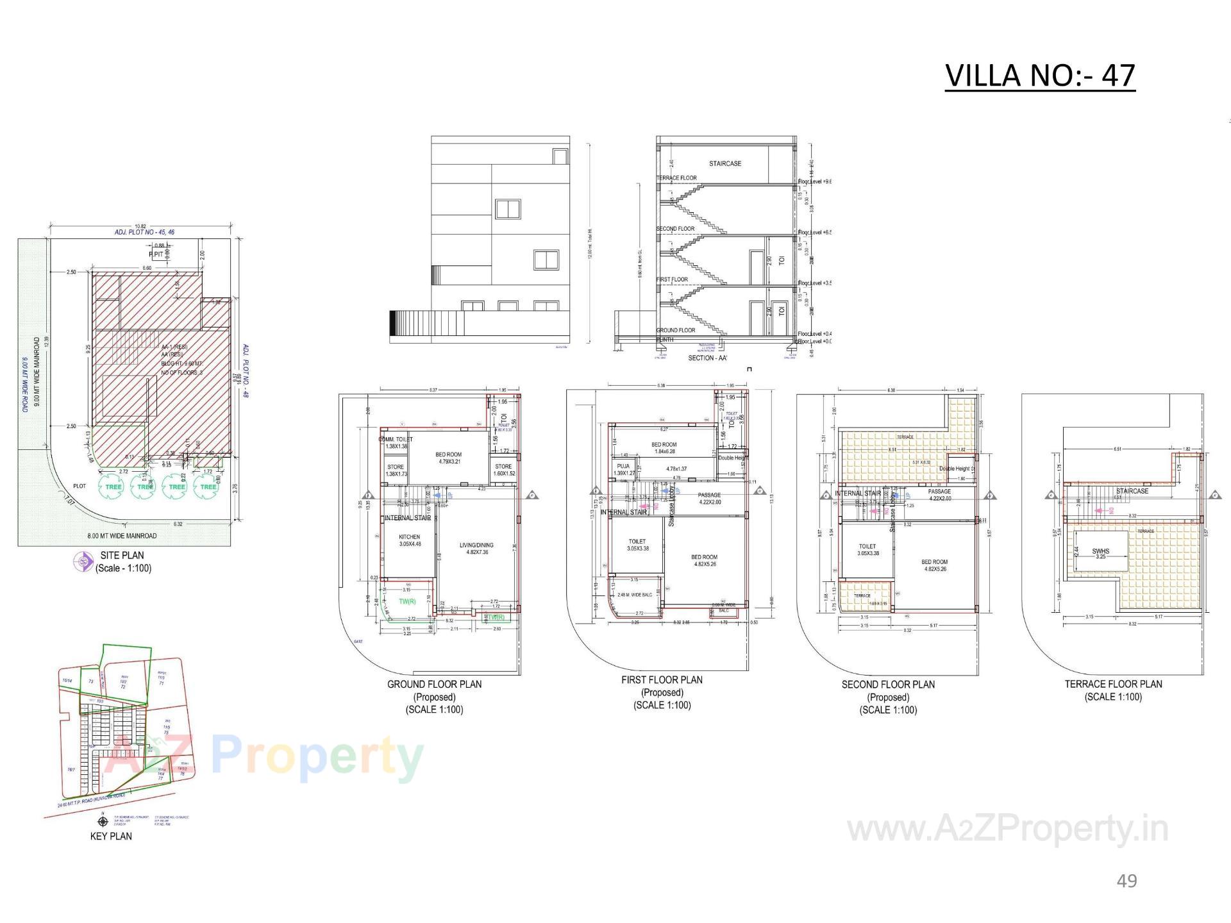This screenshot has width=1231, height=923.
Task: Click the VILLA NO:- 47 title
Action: pos(1040,76)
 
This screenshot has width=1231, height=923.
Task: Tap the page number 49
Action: pos(1126,881)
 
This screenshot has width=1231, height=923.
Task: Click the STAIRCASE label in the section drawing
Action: pos(724,163)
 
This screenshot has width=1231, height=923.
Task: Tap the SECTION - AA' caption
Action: pos(707,358)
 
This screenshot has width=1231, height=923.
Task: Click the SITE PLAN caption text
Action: pos(122,555)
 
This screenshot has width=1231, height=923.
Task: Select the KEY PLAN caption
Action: pos(111,836)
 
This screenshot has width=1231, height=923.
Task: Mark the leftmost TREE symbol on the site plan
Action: pos(113,486)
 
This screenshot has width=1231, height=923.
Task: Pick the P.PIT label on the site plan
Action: pos(156,254)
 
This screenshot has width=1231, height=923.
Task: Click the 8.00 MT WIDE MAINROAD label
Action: pos(122,536)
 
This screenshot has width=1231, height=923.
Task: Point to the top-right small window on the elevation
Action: pos(560,156)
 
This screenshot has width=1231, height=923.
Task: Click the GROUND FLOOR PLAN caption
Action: pos(434,684)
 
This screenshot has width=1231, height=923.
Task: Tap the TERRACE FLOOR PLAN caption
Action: pos(1113,684)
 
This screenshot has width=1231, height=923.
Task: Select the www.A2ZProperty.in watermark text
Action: pos(1007,829)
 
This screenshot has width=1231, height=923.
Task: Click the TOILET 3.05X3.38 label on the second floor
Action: pos(868,549)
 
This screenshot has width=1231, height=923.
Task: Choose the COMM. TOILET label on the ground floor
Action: pos(396,440)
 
